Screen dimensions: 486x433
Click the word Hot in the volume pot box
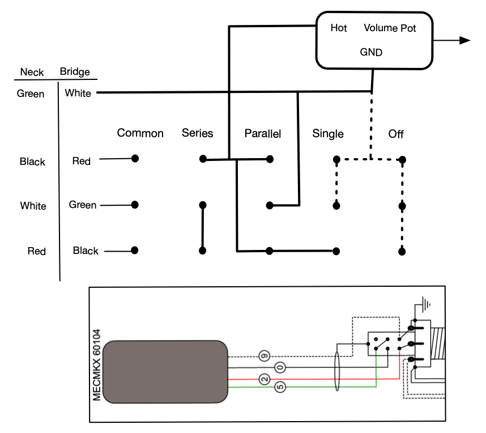coord(339,28)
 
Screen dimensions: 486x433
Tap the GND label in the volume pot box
coord(371,52)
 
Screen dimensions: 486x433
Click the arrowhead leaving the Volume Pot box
coord(465,40)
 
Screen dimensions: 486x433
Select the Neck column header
coord(32,72)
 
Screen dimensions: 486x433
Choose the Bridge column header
coord(75,71)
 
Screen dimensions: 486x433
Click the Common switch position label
coord(140,133)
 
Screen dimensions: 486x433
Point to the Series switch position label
coord(198,133)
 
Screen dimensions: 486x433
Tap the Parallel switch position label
coord(263,133)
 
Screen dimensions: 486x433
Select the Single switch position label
coord(328,134)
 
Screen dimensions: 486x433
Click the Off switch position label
coord(396,134)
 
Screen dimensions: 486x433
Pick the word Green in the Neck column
coord(31,94)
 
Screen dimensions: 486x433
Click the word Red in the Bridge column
coord(81,161)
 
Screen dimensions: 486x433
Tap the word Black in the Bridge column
coord(86,251)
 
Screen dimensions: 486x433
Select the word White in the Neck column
coord(33,206)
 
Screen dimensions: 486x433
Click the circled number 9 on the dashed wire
coord(265,356)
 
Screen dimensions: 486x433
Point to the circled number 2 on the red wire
coord(265,379)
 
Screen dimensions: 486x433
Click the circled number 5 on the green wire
coord(280,387)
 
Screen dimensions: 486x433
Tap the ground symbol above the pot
coord(427,303)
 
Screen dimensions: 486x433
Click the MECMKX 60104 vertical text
coord(97,365)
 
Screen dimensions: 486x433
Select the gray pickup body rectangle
coord(165,372)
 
